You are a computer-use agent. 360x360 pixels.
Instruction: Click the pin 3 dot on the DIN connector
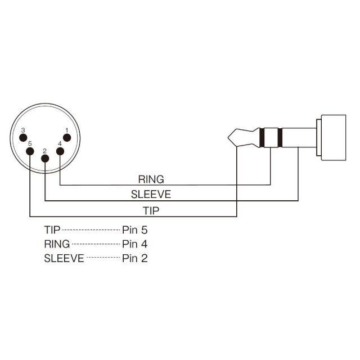click(24, 138)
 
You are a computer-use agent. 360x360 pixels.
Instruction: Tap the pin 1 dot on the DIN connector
click(66, 138)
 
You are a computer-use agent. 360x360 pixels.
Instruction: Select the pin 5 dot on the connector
click(30, 151)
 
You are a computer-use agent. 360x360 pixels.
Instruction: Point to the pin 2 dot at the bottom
click(45, 158)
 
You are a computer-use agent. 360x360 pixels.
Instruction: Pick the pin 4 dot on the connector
click(60, 151)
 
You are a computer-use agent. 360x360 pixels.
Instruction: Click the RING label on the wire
click(151, 179)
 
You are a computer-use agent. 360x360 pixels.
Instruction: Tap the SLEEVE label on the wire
click(151, 195)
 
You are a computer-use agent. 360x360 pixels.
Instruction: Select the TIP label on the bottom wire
click(151, 211)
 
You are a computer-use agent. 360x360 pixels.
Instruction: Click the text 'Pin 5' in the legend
click(134, 229)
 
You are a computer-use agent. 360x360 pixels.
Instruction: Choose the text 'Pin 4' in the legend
click(134, 244)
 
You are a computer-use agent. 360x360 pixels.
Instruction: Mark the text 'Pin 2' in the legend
click(134, 259)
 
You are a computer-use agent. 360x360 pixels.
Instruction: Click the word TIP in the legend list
click(52, 229)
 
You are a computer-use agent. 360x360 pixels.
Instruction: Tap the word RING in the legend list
click(57, 244)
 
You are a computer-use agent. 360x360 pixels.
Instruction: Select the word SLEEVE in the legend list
click(64, 259)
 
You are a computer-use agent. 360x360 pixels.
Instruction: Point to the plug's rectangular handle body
click(333, 137)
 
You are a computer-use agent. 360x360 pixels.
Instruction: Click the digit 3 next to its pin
click(22, 130)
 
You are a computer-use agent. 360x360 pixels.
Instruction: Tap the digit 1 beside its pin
click(67, 130)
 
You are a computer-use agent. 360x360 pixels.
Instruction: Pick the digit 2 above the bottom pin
click(44, 150)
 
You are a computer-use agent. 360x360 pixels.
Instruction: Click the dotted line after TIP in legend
click(91, 230)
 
